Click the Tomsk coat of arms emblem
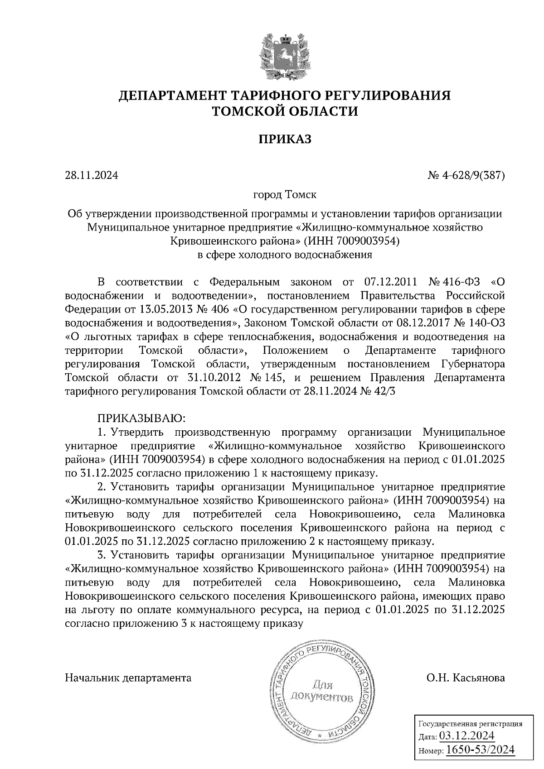click(x=285, y=53)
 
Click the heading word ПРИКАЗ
click(x=285, y=139)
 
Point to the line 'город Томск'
click(x=285, y=195)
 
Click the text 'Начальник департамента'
click(x=128, y=678)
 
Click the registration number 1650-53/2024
click(x=481, y=750)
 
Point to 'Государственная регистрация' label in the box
click(x=470, y=724)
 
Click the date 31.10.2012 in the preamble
click(x=213, y=378)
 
